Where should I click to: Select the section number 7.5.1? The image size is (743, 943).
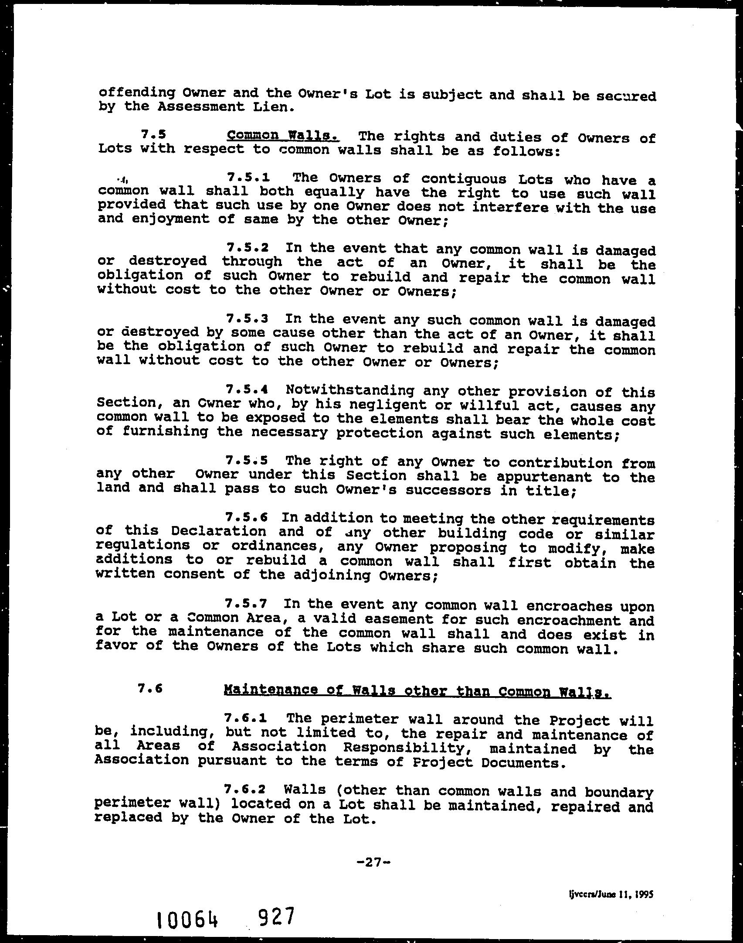[248, 178]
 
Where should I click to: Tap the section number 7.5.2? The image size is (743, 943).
[247, 248]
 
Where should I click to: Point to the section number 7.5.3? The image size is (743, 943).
[247, 318]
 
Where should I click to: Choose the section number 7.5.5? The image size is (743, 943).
[247, 460]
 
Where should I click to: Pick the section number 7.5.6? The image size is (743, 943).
[246, 518]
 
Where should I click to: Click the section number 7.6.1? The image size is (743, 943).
[245, 718]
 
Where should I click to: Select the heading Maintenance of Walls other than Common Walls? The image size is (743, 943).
[417, 690]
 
